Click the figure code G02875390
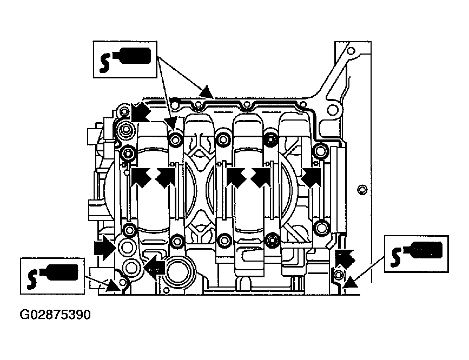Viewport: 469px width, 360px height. [55, 315]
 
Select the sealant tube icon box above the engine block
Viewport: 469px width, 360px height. [125, 59]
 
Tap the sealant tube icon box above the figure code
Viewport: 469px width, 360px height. [52, 276]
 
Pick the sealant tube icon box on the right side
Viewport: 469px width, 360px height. [417, 254]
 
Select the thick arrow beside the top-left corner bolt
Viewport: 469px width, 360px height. [140, 112]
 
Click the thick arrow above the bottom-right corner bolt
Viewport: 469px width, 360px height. [344, 259]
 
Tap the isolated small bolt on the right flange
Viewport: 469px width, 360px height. [362, 190]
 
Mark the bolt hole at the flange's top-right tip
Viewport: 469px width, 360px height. [351, 50]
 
